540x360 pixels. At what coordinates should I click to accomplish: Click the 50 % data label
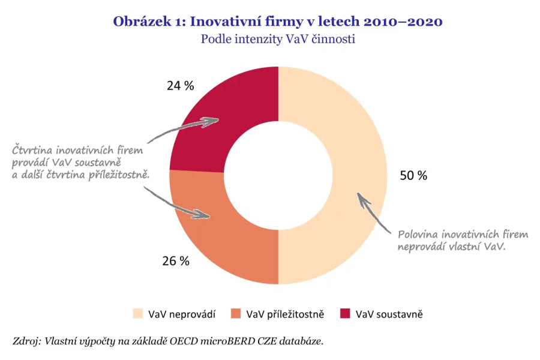click(413, 176)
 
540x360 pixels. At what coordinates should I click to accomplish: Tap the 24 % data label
click(181, 86)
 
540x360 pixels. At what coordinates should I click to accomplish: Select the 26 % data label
click(176, 261)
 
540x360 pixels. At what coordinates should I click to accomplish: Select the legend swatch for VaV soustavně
click(345, 314)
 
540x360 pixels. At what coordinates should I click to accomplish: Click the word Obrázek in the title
click(142, 22)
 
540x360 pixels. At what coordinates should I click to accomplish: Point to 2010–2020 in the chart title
click(403, 22)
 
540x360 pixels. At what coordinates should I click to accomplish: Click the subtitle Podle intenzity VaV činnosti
click(278, 40)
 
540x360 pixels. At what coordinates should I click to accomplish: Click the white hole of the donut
click(278, 175)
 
